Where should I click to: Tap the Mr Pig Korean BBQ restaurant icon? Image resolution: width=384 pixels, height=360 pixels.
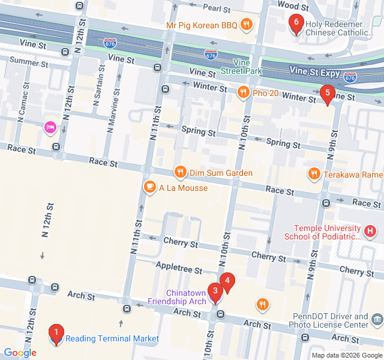point(246,25)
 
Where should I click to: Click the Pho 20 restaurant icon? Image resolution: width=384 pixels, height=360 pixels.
point(242,92)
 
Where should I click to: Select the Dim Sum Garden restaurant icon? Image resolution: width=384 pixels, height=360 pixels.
point(180,173)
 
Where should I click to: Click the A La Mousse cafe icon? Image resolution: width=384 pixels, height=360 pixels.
point(149,188)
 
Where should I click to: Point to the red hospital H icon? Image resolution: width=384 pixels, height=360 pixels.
point(371,231)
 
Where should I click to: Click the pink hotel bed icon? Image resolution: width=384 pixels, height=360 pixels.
point(50,127)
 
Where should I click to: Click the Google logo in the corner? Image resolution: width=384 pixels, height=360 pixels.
point(20,353)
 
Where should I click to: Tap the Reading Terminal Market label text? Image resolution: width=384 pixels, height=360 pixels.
point(112,338)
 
